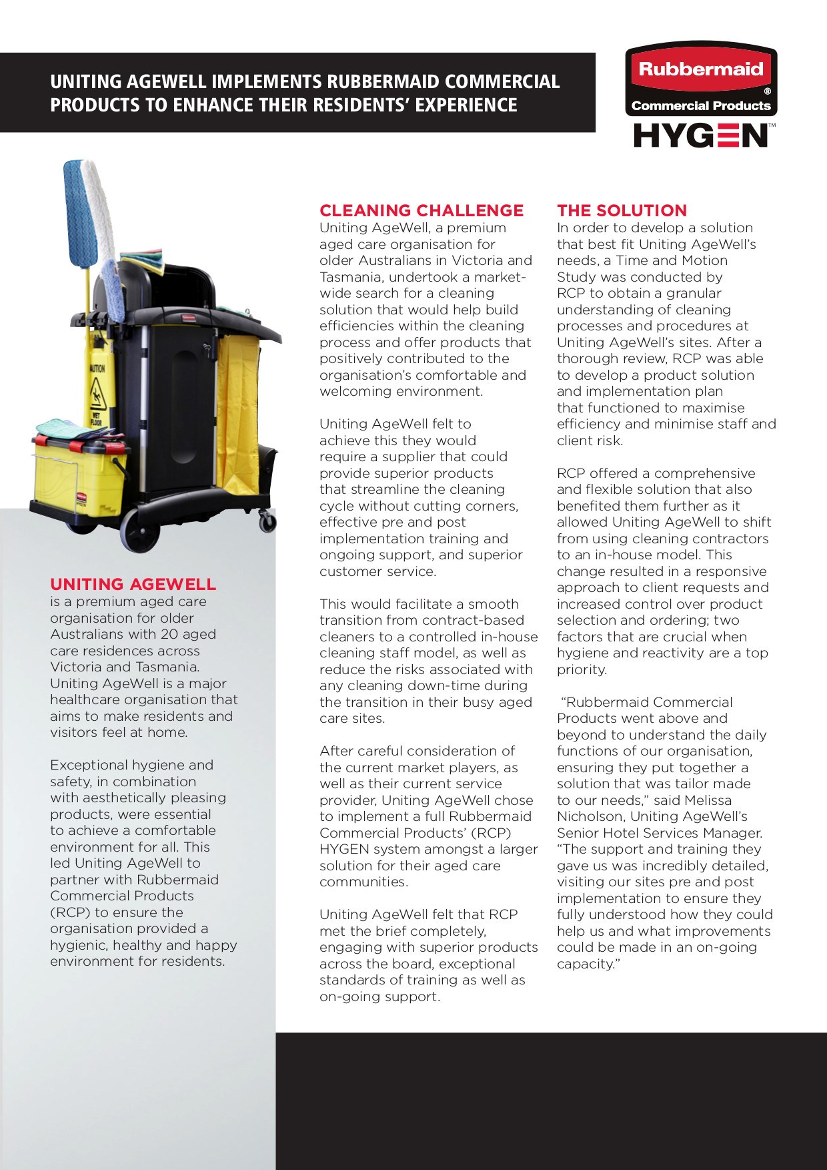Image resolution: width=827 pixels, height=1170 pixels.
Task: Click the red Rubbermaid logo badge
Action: [701, 69]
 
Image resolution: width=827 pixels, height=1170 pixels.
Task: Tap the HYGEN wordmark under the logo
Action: [701, 135]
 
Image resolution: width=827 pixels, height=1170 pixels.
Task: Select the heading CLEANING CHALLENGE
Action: [422, 211]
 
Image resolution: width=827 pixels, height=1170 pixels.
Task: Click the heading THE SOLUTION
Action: [622, 211]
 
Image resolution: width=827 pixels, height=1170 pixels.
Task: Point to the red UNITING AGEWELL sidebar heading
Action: [133, 585]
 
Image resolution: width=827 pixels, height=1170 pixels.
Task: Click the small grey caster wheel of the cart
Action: [267, 521]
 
